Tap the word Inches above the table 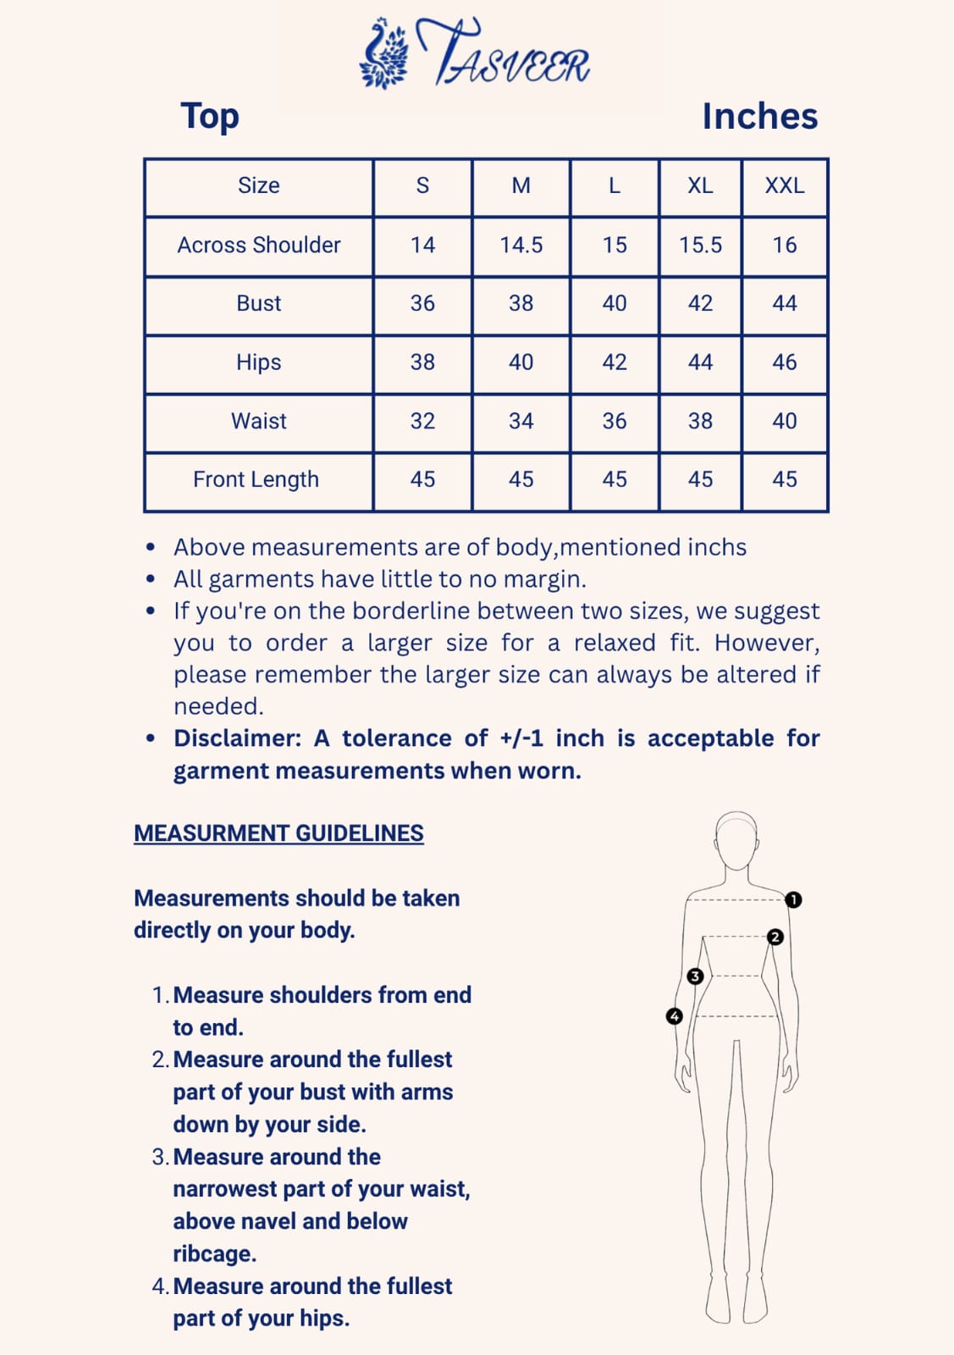click(759, 117)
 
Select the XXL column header click(784, 185)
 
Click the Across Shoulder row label click(258, 245)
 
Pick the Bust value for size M click(521, 303)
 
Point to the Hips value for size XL click(700, 362)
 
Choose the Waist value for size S click(422, 421)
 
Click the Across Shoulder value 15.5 click(700, 245)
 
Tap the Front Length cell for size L click(614, 479)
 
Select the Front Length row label click(256, 479)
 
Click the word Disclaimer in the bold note click(237, 738)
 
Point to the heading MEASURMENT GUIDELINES click(278, 833)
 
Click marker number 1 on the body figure click(793, 899)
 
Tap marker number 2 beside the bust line click(775, 937)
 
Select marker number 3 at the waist click(695, 976)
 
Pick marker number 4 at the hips click(675, 1015)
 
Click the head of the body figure click(736, 840)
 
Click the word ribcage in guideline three click(214, 1253)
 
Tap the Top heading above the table click(210, 116)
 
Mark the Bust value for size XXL click(784, 303)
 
